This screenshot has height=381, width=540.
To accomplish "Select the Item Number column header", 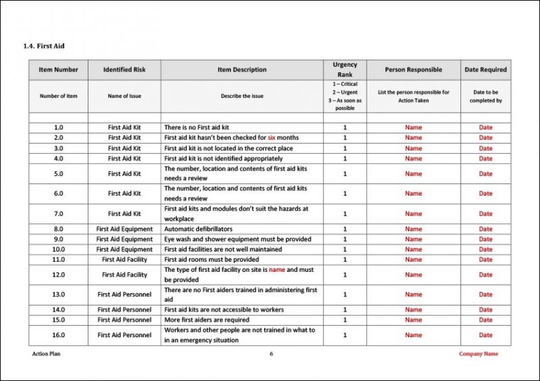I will [x=59, y=69].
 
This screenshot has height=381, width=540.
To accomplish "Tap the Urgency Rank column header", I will [x=344, y=69].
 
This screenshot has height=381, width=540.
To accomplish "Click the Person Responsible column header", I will [x=413, y=69].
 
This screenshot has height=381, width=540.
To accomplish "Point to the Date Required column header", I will [x=485, y=69].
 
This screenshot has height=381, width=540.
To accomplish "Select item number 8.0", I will [x=59, y=229].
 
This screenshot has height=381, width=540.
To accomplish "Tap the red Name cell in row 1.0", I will [x=413, y=127].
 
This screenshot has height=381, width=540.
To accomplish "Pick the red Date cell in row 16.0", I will [x=485, y=335].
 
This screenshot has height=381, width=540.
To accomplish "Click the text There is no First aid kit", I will [x=197, y=127].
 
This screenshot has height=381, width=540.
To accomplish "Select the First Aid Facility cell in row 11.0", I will [x=124, y=260].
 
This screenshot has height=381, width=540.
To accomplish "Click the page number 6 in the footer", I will [x=271, y=353].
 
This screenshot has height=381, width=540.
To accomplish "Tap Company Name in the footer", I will [x=479, y=353].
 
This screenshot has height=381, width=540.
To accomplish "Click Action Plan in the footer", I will [x=46, y=353].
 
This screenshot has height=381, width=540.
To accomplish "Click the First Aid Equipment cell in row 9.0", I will [x=124, y=239].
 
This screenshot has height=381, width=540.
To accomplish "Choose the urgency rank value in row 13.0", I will [x=344, y=295].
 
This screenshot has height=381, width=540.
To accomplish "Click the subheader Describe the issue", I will [x=242, y=96].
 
